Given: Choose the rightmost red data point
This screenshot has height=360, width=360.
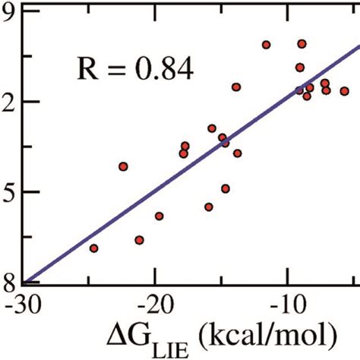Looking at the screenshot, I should click(344, 91).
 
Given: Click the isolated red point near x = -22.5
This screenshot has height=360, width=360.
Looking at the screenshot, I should click(123, 166).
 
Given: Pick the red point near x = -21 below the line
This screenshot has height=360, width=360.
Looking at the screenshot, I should click(139, 240).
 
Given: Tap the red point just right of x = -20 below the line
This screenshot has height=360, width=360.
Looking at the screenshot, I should click(159, 216).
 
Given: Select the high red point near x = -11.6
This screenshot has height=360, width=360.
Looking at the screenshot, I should click(266, 45).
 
